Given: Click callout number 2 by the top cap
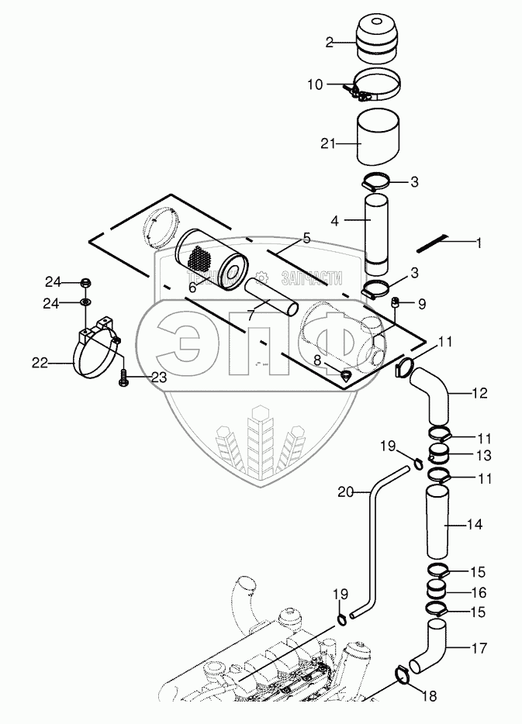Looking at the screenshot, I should (329, 43).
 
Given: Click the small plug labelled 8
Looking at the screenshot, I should (346, 375).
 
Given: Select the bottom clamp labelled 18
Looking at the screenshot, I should (403, 676).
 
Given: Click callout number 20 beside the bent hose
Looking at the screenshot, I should (344, 491).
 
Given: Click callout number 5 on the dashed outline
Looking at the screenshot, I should (306, 238).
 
